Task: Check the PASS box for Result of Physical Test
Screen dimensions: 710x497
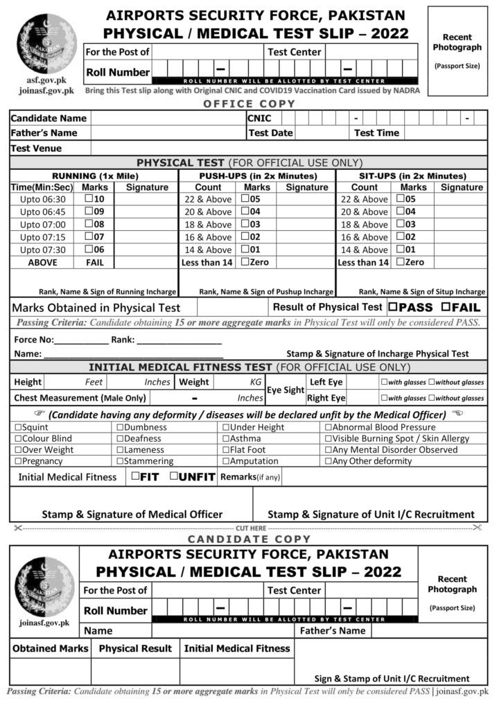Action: (393, 307)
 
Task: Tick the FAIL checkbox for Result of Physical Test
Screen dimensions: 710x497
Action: (446, 307)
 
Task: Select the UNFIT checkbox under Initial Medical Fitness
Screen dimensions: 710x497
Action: (175, 476)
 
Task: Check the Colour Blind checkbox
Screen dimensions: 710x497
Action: (18, 438)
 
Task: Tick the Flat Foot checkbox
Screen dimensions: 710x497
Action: (226, 449)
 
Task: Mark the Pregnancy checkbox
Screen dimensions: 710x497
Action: (18, 461)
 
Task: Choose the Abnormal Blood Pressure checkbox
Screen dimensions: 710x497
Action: (328, 427)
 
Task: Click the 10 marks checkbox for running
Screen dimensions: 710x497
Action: (89, 199)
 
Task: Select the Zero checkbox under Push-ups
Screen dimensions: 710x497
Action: (245, 262)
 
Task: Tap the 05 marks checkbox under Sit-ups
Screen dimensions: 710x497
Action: (400, 199)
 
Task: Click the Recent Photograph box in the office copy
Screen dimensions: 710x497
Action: (457, 51)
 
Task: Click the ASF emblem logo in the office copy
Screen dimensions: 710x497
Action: (46, 43)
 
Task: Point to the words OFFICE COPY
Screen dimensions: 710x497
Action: (249, 104)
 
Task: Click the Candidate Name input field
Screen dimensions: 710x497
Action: (168, 119)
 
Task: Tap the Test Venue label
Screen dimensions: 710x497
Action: (36, 148)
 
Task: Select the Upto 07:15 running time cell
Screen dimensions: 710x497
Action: (42, 237)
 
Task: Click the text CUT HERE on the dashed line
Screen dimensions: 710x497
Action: (250, 528)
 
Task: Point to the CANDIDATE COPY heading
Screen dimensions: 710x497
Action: (249, 539)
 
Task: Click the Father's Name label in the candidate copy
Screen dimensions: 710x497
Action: (332, 631)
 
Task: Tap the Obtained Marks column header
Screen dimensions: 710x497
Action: (50, 648)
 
